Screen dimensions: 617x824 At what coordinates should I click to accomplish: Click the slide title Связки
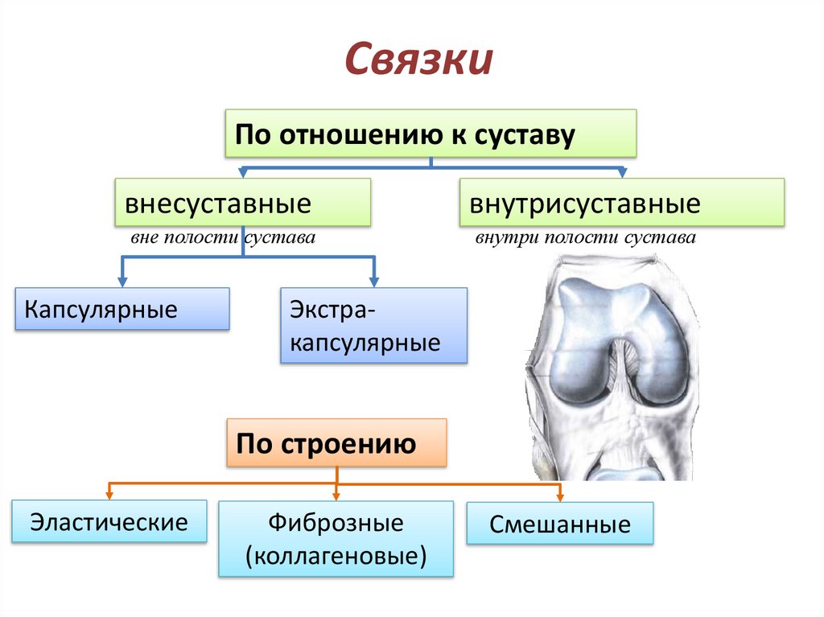[418, 60]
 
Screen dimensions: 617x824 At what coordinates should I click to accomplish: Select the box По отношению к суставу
[431, 134]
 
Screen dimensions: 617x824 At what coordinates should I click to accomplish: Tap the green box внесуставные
[242, 202]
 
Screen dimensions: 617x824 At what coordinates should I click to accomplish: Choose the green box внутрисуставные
[621, 202]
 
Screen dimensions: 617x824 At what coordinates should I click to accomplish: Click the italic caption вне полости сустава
[222, 239]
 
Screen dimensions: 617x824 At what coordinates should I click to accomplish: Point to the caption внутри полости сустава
[585, 239]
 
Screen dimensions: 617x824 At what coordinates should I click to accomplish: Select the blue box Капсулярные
[122, 309]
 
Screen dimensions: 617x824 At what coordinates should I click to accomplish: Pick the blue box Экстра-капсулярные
[373, 326]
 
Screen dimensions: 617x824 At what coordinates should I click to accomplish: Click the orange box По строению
[336, 442]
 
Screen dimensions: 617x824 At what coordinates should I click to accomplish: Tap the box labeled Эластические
[109, 521]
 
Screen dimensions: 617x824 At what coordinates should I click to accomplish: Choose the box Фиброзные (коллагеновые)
[336, 539]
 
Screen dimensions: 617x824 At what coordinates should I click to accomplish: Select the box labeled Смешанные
[560, 524]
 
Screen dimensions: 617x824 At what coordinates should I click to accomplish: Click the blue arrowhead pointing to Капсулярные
[122, 281]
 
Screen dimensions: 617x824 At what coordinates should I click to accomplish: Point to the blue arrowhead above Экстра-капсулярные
[373, 281]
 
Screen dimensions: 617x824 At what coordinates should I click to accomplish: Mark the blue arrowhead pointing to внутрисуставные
[621, 173]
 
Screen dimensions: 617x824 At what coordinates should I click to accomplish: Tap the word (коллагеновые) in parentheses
[336, 554]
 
